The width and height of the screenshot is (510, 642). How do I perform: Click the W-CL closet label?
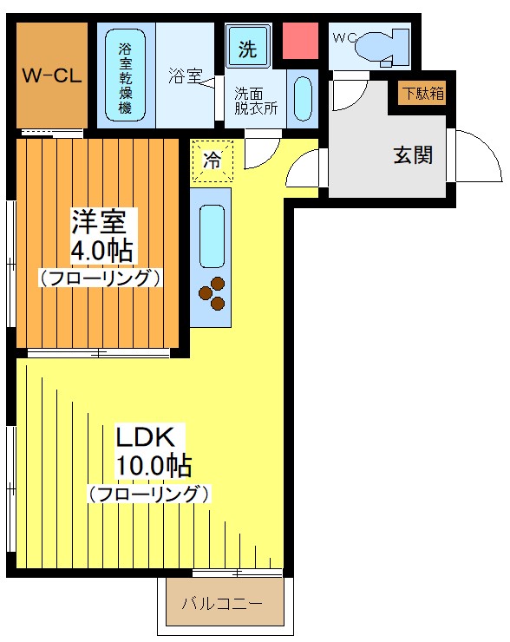(52, 75)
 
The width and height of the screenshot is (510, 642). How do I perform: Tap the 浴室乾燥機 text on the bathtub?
(125, 78)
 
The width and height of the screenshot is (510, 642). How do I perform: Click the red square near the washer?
(301, 40)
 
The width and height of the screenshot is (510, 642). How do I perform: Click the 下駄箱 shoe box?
(422, 94)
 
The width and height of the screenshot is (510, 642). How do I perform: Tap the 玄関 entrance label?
(413, 155)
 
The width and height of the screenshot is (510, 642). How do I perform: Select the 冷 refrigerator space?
(212, 160)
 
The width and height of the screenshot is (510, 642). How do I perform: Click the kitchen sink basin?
(212, 237)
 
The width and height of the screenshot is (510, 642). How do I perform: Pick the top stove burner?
(218, 284)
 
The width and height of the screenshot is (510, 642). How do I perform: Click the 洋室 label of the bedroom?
(98, 221)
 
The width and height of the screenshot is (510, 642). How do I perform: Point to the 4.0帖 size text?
(102, 250)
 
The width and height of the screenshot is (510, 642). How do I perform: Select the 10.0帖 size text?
(153, 465)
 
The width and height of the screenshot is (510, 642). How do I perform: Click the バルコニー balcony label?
(222, 604)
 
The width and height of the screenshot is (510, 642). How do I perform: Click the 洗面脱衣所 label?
(256, 102)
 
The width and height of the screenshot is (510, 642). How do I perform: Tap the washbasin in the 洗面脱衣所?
(303, 99)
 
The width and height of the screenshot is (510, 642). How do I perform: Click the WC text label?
(344, 38)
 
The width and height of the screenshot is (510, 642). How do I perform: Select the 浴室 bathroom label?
(186, 75)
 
